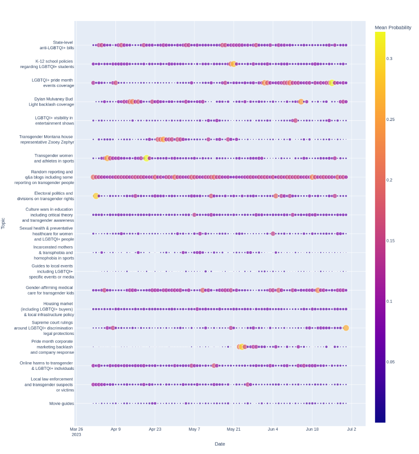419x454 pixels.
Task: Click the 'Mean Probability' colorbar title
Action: (393, 28)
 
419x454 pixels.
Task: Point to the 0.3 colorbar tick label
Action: (389, 59)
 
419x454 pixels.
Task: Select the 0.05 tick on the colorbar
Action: (390, 362)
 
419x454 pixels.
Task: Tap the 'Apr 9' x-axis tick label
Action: (115, 429)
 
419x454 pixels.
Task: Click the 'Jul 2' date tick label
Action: (351, 429)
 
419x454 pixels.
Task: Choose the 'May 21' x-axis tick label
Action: (234, 429)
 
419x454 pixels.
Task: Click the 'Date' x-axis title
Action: (220, 444)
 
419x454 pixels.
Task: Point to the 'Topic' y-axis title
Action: (3, 223)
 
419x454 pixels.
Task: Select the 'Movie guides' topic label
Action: (61, 403)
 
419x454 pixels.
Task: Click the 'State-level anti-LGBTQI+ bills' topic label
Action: (57, 45)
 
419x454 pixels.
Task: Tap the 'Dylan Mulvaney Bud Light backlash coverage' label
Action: (51, 102)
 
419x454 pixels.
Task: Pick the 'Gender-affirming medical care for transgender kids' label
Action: (50, 290)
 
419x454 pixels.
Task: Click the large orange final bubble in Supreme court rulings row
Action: (346, 328)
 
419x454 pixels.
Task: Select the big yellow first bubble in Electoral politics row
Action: (96, 196)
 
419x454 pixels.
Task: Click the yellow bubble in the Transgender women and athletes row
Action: (146, 158)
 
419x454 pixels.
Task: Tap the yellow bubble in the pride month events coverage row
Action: (331, 83)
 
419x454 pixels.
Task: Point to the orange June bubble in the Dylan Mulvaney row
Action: (301, 102)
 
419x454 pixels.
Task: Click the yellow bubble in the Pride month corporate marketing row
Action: (242, 347)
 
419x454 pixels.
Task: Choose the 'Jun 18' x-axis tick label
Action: (312, 429)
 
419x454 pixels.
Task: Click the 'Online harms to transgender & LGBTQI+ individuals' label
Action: (47, 366)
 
